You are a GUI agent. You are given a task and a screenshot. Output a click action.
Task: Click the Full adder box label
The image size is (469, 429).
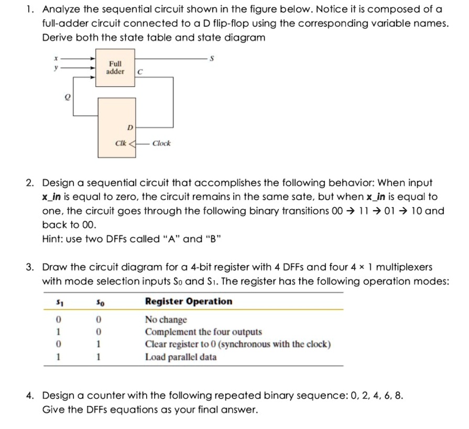click(x=115, y=67)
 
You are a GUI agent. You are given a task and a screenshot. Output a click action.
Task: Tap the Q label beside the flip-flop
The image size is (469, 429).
click(x=67, y=97)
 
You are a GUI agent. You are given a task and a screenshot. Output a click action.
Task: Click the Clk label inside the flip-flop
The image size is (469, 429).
click(x=121, y=143)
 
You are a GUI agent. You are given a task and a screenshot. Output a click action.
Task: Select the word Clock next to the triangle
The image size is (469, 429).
click(x=161, y=143)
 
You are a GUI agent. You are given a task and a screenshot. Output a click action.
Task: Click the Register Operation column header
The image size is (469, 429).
click(x=188, y=301)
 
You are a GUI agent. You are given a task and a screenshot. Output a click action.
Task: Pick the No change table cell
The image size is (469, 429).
click(x=166, y=320)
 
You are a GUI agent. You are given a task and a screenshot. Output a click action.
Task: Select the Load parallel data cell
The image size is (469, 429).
click(x=181, y=357)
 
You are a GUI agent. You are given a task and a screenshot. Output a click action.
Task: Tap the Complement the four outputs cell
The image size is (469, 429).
click(x=203, y=332)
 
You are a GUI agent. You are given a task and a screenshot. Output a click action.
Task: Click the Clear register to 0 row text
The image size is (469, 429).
click(x=237, y=345)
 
